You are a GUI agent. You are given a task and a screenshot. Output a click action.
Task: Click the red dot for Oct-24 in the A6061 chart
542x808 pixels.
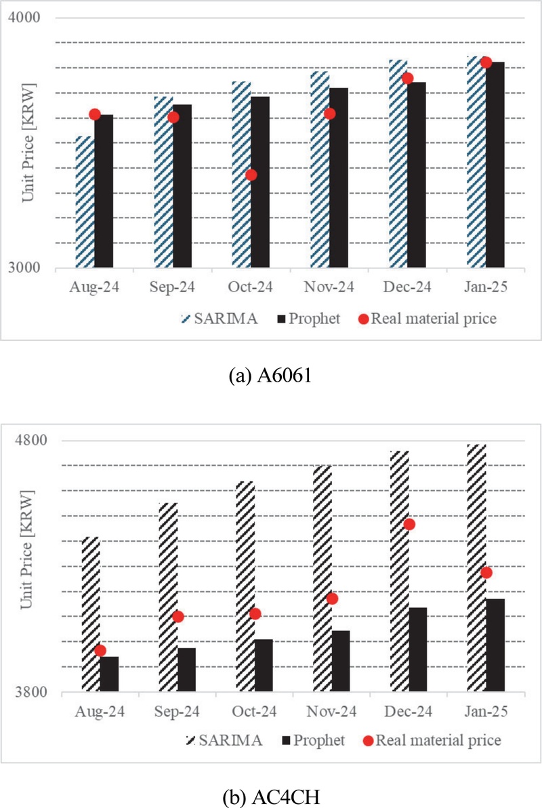(251, 175)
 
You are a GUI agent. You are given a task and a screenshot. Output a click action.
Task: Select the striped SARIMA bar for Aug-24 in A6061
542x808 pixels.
(85, 202)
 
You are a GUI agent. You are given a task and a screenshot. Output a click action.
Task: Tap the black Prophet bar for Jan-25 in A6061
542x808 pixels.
(495, 165)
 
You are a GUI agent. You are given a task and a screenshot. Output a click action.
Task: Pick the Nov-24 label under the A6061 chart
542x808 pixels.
(329, 287)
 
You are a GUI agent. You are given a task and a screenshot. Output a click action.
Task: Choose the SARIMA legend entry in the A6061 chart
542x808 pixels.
(220, 319)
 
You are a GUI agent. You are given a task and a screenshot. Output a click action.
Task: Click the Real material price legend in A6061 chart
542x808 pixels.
(427, 319)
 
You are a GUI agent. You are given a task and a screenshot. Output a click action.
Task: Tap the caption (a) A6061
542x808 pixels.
(270, 375)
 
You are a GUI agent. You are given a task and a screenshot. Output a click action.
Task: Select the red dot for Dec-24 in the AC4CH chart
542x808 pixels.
(410, 525)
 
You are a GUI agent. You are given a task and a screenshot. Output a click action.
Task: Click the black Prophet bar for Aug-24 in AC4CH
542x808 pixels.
(109, 674)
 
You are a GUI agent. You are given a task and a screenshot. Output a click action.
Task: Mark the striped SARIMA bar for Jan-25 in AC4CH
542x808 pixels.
(476, 568)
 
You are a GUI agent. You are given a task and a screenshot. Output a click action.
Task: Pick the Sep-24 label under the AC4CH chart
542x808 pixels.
(177, 712)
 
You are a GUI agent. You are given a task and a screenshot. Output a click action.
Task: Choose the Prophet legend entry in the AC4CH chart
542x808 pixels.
(313, 740)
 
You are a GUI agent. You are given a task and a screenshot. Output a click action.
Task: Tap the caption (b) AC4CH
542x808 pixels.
(271, 797)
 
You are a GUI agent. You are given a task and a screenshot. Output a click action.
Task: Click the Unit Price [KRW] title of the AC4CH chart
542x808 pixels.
(27, 549)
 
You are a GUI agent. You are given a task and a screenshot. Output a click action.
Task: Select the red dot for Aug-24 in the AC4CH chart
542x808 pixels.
(100, 651)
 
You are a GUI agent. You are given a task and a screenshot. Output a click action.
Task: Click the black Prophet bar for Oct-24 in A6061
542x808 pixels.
(260, 182)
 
